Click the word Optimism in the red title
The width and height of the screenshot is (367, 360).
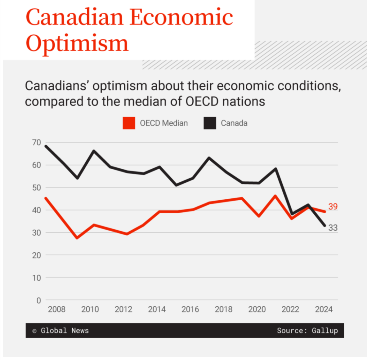(77, 43)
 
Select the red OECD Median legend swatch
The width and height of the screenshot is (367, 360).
(129, 123)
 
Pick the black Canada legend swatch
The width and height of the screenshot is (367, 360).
(210, 123)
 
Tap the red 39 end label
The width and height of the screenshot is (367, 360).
(333, 206)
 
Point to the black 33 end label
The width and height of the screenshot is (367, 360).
(333, 228)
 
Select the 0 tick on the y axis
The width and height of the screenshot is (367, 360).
(38, 300)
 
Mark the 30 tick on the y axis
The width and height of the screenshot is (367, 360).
(37, 233)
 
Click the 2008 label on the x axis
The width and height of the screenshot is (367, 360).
(57, 309)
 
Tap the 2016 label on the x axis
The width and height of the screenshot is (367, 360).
(190, 309)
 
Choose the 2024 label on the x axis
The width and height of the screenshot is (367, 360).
(324, 309)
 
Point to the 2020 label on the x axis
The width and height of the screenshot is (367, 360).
(257, 309)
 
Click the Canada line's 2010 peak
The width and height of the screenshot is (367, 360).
(94, 151)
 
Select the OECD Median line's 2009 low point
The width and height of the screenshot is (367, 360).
(77, 238)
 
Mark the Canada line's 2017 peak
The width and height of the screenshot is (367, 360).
(209, 158)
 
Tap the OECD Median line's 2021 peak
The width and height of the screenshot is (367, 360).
(276, 196)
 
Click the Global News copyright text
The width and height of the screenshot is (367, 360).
(60, 330)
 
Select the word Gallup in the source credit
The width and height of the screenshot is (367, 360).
(325, 330)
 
